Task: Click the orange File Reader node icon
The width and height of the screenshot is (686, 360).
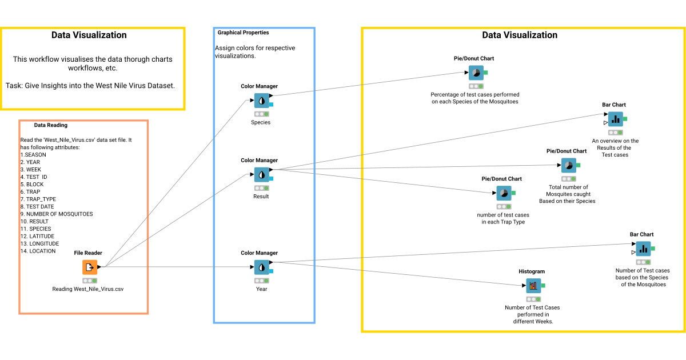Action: [90, 267]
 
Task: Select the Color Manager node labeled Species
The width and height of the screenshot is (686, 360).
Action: [262, 101]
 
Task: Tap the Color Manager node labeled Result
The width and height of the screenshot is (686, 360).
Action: [262, 175]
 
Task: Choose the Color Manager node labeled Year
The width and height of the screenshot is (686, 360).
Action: [262, 267]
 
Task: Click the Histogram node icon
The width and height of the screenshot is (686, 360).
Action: [533, 286]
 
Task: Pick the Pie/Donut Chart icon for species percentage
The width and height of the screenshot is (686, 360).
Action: [476, 73]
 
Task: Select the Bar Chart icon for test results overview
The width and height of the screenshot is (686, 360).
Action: [616, 119]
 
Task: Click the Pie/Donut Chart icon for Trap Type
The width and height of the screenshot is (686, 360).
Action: [504, 193]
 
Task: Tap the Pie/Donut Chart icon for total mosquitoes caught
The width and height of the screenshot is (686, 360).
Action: [568, 166]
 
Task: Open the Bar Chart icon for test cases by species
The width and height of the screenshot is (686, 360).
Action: [644, 249]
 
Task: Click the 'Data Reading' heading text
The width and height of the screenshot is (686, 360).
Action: [50, 125]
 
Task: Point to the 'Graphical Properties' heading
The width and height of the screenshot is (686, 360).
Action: [243, 33]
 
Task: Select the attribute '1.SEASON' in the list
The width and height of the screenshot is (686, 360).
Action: [33, 155]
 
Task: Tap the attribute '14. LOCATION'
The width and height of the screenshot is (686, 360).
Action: [38, 251]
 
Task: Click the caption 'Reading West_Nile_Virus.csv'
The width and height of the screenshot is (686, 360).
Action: [88, 289]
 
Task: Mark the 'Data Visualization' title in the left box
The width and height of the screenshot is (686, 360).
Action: [89, 35]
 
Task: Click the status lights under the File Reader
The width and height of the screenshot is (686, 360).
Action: [90, 281]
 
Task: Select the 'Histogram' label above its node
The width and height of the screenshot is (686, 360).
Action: [532, 271]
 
